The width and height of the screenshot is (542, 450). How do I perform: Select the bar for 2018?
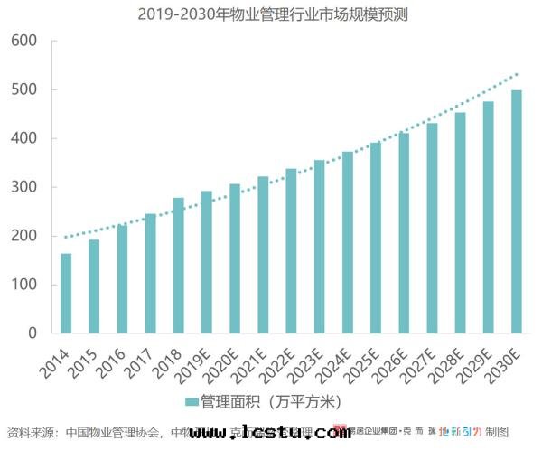tap(179, 265)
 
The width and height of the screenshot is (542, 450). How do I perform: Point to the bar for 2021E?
tap(263, 255)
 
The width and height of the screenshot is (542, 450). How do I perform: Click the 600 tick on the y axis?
tap(23, 42)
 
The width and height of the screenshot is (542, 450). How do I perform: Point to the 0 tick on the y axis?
tap(33, 333)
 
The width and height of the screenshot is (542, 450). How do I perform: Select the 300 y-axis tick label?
tap(23, 188)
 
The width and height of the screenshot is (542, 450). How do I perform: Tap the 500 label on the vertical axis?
tap(23, 90)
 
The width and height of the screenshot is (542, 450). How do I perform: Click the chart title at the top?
tap(270, 14)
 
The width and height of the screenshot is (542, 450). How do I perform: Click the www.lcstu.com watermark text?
tap(271, 433)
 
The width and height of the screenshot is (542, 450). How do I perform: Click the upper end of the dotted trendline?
tap(517, 74)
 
